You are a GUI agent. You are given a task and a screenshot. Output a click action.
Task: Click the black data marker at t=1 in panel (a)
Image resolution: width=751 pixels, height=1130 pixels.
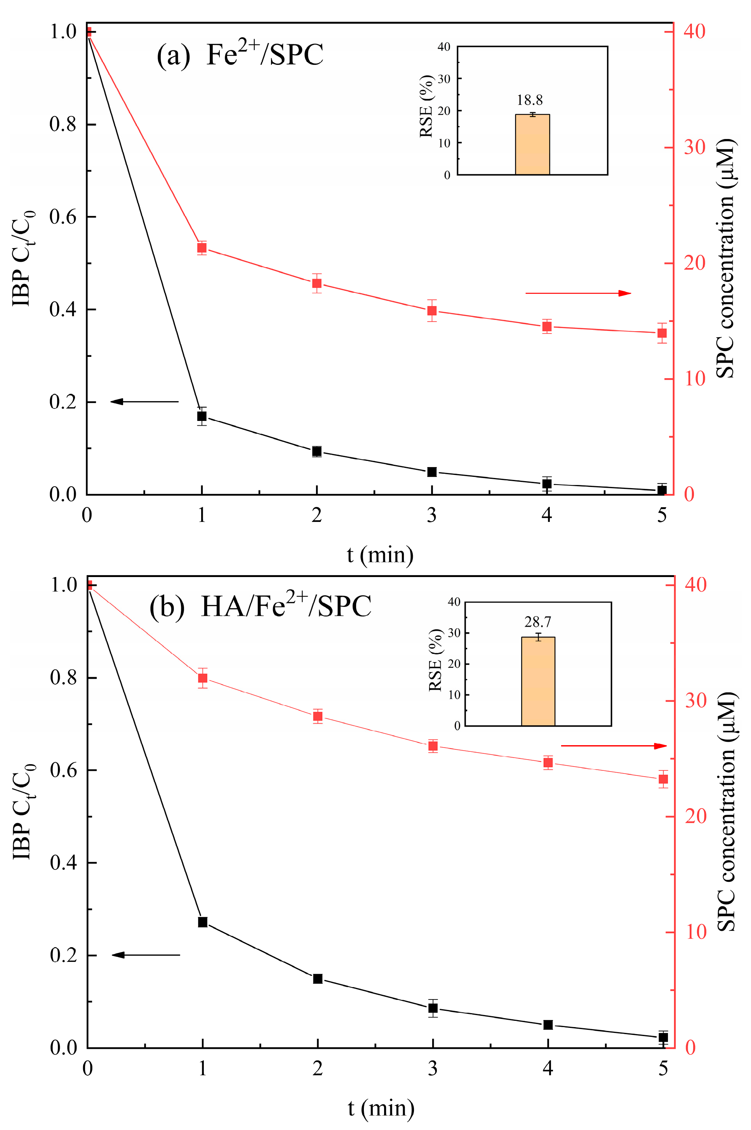click(x=202, y=416)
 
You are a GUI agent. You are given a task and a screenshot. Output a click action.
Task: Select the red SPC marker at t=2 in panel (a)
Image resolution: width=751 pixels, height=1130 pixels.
click(x=316, y=283)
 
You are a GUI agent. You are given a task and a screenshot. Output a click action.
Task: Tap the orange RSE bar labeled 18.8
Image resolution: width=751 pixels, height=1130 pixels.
click(x=532, y=144)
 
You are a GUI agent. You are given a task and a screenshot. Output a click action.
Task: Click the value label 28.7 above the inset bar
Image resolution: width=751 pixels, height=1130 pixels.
click(x=537, y=622)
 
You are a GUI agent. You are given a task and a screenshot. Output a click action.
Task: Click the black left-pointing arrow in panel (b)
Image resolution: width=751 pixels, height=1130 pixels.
click(x=146, y=955)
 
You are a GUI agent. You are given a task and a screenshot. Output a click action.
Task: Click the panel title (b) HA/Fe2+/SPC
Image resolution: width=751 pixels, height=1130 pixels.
click(x=260, y=606)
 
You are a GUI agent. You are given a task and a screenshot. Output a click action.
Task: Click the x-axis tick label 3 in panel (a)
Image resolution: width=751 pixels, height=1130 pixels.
click(x=431, y=515)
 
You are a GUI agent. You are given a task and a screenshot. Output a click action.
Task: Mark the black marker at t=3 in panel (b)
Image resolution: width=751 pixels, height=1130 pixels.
click(x=433, y=1008)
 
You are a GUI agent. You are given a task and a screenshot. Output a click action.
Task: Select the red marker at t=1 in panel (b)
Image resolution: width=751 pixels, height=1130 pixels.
click(x=203, y=678)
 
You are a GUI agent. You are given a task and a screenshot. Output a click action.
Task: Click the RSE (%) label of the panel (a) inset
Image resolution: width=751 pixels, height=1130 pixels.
click(x=426, y=106)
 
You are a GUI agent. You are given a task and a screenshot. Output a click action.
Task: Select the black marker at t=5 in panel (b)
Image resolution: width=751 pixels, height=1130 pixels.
click(x=663, y=1038)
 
